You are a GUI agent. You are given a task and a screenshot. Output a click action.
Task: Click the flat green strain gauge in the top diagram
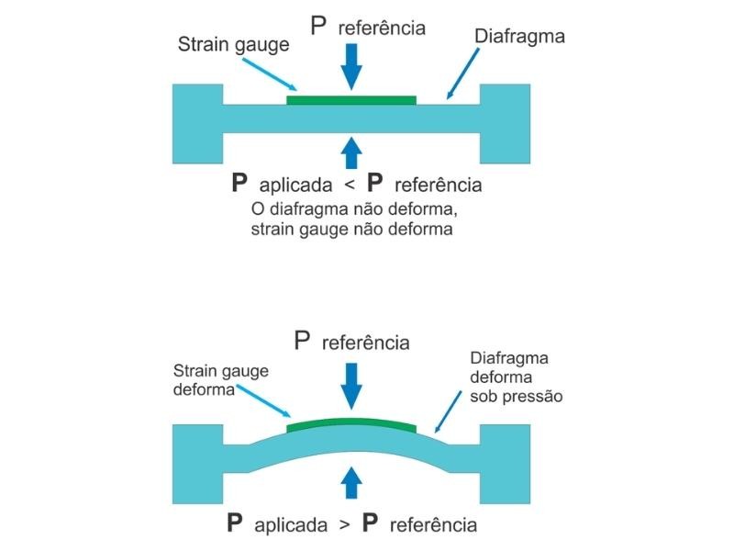pos(351,99)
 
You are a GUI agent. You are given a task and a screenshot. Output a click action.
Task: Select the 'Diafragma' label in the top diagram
pos(519,37)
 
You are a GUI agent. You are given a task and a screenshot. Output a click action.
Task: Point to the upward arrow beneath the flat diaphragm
pos(351,150)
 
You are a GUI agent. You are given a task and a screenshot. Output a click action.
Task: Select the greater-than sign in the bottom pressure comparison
pos(342,526)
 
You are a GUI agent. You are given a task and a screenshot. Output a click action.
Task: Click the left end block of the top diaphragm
pos(197,123)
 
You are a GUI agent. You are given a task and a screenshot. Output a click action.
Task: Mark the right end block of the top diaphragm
pos(506,123)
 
